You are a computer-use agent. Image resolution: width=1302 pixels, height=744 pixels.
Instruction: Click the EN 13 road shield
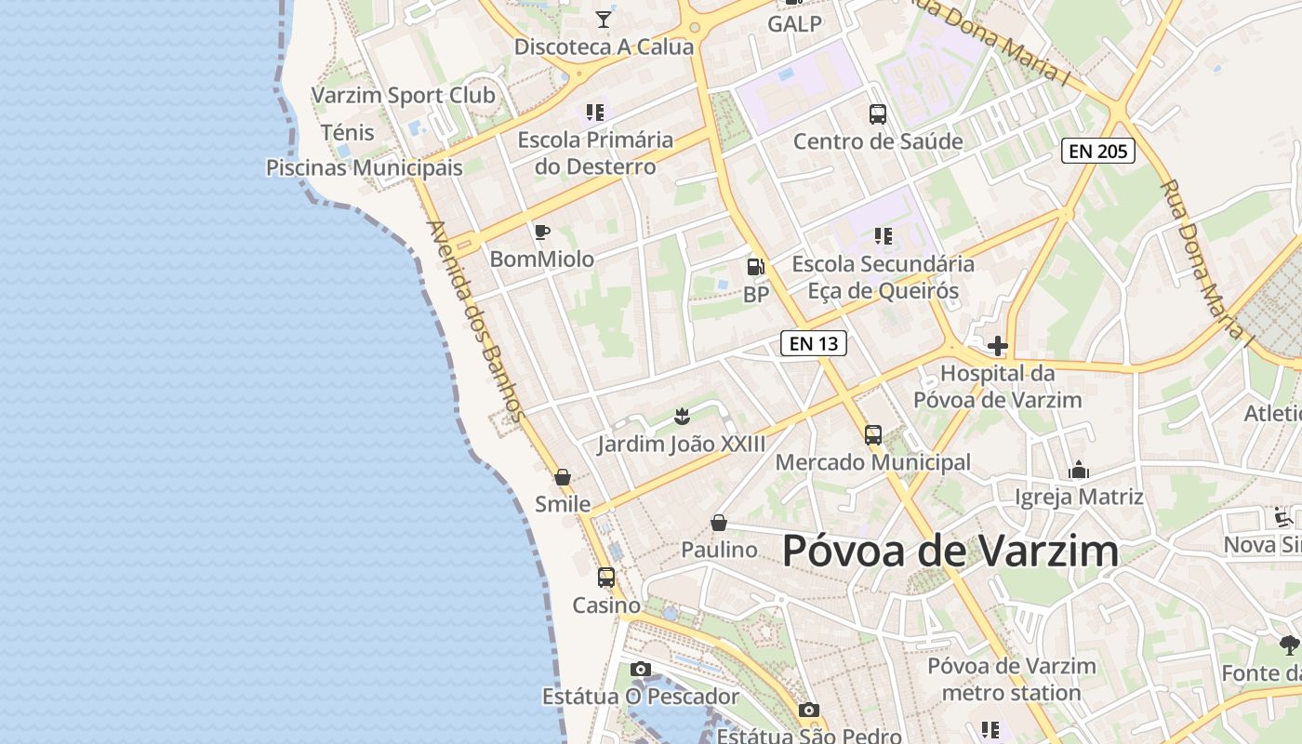pyautogui.click(x=813, y=343)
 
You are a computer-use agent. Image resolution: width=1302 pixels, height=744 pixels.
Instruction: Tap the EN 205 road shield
pyautogui.click(x=1097, y=151)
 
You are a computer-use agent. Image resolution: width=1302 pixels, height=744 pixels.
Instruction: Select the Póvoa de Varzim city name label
pyautogui.click(x=950, y=551)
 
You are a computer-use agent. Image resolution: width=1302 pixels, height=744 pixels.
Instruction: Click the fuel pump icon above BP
pyautogui.click(x=756, y=267)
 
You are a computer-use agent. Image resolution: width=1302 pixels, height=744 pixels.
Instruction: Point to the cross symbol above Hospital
pyautogui.click(x=998, y=347)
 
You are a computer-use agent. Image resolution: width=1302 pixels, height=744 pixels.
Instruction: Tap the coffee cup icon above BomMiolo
pyautogui.click(x=542, y=232)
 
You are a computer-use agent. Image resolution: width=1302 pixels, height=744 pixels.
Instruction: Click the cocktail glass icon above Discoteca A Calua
pyautogui.click(x=604, y=19)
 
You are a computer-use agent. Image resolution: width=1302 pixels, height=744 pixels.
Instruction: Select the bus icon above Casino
pyautogui.click(x=606, y=577)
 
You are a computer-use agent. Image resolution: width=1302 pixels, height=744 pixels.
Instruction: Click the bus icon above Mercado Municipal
pyautogui.click(x=872, y=434)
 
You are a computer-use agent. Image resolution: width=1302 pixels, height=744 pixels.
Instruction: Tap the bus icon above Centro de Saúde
pyautogui.click(x=878, y=114)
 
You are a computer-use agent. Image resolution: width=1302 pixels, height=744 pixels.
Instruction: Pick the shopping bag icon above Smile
pyautogui.click(x=563, y=477)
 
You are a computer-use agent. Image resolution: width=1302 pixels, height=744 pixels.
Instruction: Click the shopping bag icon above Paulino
pyautogui.click(x=718, y=523)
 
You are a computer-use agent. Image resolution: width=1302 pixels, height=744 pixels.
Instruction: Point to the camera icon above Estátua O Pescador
pyautogui.click(x=640, y=669)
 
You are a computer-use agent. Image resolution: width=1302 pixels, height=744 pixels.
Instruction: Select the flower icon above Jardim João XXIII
pyautogui.click(x=682, y=416)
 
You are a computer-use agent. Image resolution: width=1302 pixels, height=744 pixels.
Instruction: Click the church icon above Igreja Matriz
pyautogui.click(x=1079, y=470)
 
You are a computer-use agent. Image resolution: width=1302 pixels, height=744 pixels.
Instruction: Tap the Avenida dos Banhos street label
pyautogui.click(x=475, y=321)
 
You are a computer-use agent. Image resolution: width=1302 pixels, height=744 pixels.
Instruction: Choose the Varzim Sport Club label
pyautogui.click(x=403, y=95)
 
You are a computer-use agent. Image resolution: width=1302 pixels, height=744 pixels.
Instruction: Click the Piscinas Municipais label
pyautogui.click(x=364, y=168)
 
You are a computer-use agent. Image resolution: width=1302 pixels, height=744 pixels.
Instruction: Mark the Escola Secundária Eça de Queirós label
pyautogui.click(x=883, y=277)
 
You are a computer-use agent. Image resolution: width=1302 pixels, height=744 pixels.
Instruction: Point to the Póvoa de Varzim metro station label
pyautogui.click(x=1012, y=679)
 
